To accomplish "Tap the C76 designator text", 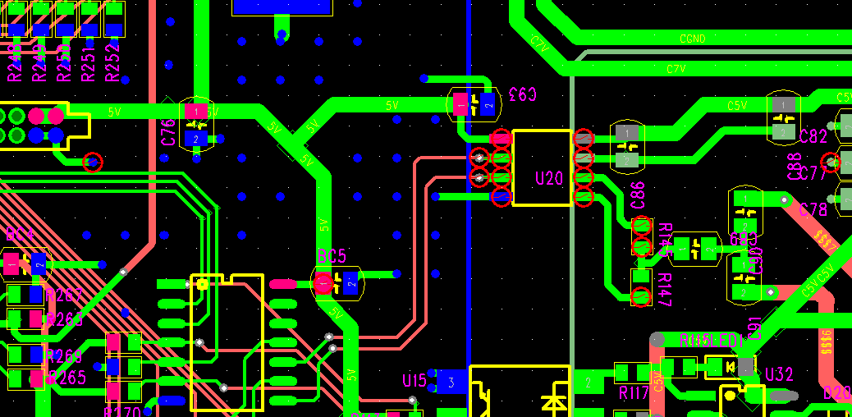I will [169, 132].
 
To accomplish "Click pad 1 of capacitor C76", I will [195, 110].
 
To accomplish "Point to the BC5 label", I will [332, 257].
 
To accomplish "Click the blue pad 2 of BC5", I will [350, 283].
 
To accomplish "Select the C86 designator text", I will [638, 195].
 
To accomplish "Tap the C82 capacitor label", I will [813, 137].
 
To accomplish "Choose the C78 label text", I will [813, 210].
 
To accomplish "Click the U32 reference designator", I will [779, 375].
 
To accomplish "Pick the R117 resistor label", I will [634, 393].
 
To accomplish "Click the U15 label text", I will [415, 381].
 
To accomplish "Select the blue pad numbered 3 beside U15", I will [451, 381].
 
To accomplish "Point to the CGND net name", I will [693, 39].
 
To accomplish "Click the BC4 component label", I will [20, 235].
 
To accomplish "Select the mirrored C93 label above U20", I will [523, 94].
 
